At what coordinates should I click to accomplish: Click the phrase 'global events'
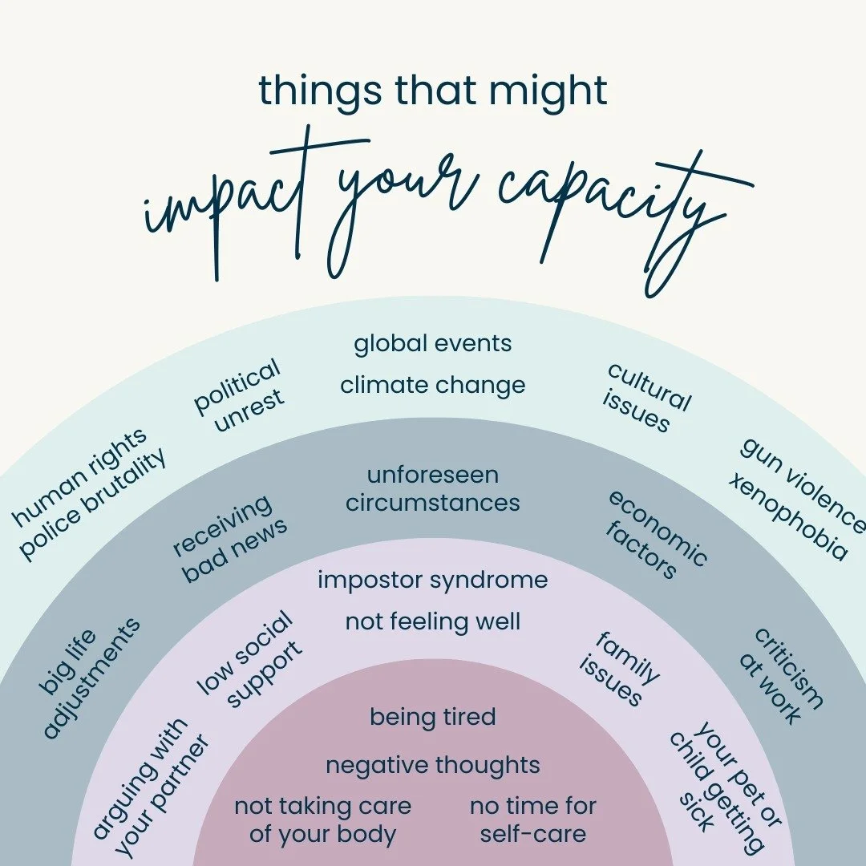pos(433,344)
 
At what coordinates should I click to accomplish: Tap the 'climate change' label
pos(433,385)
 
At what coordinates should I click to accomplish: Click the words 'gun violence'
pos(803,484)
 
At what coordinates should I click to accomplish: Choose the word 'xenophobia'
pos(787,516)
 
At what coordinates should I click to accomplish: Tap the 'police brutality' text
pos(94,505)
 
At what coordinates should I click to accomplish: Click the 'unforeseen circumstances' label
pos(433,489)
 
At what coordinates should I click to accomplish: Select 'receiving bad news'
pos(229,539)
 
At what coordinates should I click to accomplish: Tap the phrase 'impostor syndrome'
pos(433,580)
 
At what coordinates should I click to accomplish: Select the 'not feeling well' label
pos(433,621)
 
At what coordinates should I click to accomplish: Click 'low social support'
pos(251,662)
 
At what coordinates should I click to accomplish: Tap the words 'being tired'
pos(433,717)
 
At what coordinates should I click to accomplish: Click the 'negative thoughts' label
pos(433,765)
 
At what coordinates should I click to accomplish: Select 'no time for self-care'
pos(533,819)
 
